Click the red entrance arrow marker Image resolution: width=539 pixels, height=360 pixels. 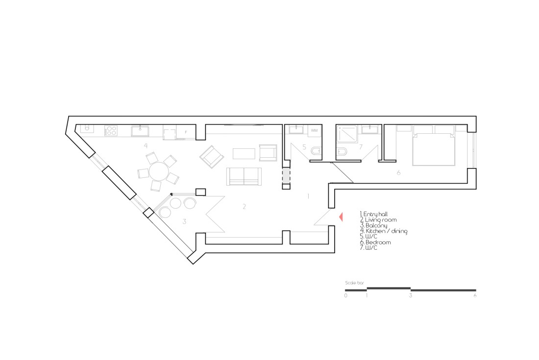(x=342, y=217)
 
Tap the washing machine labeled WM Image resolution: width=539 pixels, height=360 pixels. (x=315, y=131)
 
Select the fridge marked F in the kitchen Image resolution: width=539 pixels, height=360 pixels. (x=186, y=132)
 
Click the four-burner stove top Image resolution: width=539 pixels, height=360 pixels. (x=111, y=131)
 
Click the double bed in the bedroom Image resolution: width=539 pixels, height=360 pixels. (x=435, y=145)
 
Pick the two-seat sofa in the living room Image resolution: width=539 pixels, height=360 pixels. (x=244, y=176)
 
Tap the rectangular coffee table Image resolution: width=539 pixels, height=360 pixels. (x=244, y=153)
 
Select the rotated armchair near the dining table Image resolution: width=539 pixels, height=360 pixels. (x=212, y=157)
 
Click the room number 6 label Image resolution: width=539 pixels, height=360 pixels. (x=399, y=173)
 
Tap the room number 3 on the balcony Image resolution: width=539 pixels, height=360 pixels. (x=184, y=221)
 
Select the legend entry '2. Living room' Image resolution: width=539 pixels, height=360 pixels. (x=378, y=219)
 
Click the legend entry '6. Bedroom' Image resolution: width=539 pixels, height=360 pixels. (x=375, y=242)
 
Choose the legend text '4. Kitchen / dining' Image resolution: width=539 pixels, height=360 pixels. (x=384, y=231)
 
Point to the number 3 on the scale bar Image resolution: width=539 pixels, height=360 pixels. (x=411, y=295)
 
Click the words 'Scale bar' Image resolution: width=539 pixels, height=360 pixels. (x=354, y=283)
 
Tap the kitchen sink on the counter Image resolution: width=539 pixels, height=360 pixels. (x=140, y=131)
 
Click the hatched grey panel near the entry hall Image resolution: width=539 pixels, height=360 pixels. (x=286, y=176)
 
